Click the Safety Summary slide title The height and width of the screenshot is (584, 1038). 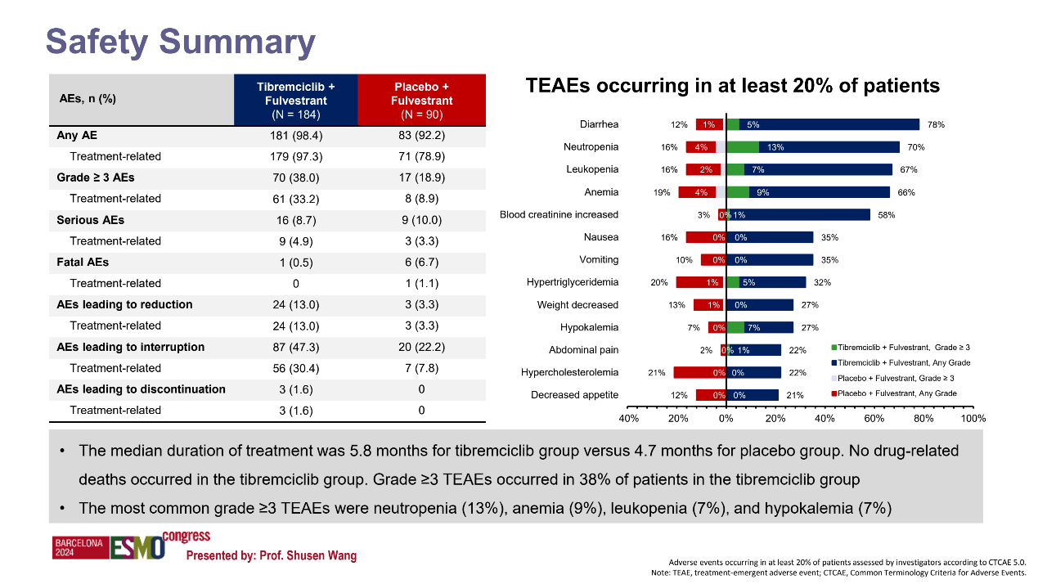pyautogui.click(x=180, y=42)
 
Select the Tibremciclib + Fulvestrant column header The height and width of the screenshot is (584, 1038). pyautogui.click(x=295, y=100)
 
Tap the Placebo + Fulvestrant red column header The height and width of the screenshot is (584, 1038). pyautogui.click(x=421, y=100)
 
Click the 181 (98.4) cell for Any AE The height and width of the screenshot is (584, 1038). pyautogui.click(x=295, y=135)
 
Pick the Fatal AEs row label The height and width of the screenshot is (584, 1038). pyautogui.click(x=83, y=263)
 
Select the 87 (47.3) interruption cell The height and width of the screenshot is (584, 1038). pyautogui.click(x=295, y=347)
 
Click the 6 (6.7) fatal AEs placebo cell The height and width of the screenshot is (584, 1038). pyautogui.click(x=421, y=263)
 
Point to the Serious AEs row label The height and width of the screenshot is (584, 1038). pyautogui.click(x=90, y=220)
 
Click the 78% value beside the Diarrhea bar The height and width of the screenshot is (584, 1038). pyautogui.click(x=936, y=125)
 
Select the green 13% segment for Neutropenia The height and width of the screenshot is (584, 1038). pyautogui.click(x=743, y=147)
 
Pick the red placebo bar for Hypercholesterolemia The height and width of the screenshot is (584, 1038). pyautogui.click(x=699, y=373)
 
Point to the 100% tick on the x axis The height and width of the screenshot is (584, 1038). pyautogui.click(x=973, y=418)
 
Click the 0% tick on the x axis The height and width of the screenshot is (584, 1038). pyautogui.click(x=726, y=418)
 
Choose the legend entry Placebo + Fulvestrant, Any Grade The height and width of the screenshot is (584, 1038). pyautogui.click(x=895, y=393)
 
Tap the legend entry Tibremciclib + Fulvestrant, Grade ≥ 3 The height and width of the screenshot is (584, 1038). pyautogui.click(x=895, y=348)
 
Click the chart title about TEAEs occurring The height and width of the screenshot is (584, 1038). pyautogui.click(x=732, y=85)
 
